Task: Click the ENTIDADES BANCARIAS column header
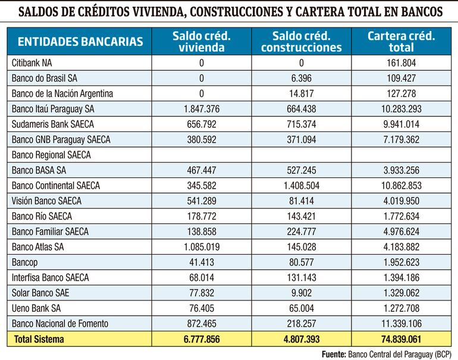click(x=80, y=42)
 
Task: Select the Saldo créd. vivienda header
click(x=202, y=42)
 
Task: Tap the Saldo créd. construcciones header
click(x=302, y=42)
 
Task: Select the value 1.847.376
click(x=202, y=108)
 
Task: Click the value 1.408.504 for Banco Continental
click(x=301, y=186)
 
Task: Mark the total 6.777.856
click(x=202, y=340)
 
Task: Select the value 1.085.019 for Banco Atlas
click(x=202, y=247)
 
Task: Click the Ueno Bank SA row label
click(x=36, y=309)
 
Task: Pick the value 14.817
click(x=302, y=93)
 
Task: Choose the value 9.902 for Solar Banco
click(x=302, y=293)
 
